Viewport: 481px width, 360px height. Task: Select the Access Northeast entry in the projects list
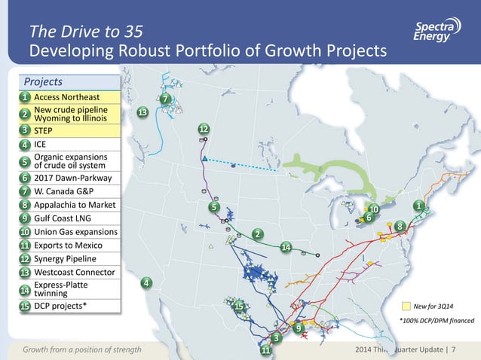[66, 97]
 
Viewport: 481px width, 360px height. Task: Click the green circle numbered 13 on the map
[142, 112]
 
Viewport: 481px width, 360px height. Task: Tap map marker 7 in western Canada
[165, 99]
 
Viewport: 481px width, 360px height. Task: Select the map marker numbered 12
[204, 129]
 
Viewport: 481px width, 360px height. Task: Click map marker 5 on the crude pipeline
[213, 206]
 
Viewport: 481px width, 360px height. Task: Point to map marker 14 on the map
[286, 247]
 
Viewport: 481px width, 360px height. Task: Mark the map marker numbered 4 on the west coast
[146, 282]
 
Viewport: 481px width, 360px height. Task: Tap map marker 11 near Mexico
[265, 350]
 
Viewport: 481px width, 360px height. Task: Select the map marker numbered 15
[237, 306]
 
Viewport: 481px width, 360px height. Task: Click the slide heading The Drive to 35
[84, 31]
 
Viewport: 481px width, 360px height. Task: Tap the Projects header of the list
[43, 81]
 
